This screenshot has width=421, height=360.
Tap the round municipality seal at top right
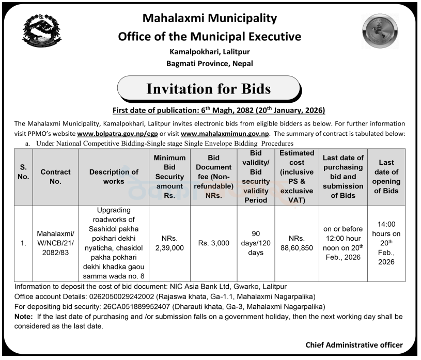coord(380,32)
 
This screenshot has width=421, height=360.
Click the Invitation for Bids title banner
coord(209,89)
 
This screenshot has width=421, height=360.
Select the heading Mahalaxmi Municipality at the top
coord(209,19)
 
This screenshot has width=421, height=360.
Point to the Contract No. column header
coord(55,177)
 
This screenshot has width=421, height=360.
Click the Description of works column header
coord(114,177)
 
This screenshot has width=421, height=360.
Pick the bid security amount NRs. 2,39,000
coord(169,243)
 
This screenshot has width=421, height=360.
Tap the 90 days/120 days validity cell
coord(255,243)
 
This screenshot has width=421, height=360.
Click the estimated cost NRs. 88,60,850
coord(297,243)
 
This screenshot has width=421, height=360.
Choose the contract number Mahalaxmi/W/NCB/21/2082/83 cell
coord(55,243)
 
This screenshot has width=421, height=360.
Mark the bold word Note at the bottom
coord(24,317)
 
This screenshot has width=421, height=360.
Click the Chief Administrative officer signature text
coord(354,345)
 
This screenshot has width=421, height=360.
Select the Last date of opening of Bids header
coord(386,177)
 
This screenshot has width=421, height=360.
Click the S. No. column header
coord(24,177)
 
